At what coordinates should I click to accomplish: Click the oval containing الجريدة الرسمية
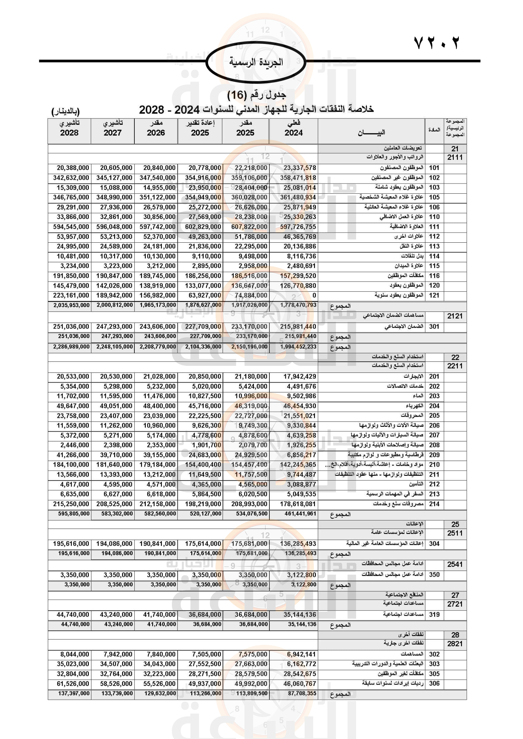coord(256,62)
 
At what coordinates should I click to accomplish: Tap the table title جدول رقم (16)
coord(256,95)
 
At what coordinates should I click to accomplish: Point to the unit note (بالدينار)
coord(65,111)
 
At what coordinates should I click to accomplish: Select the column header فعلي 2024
coord(293,128)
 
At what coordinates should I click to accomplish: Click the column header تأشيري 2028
coord(69,128)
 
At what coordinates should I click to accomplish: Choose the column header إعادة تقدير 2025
coord(200,128)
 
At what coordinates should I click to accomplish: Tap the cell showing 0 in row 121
coord(314,295)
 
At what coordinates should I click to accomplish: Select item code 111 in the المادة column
coord(434,227)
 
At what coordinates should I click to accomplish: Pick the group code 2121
coord(455,316)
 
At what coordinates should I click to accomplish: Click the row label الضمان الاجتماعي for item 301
coord(404,327)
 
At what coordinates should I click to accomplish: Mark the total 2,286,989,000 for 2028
coord(71,347)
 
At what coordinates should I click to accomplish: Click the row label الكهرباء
coord(415,406)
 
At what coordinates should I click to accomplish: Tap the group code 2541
coord(455,565)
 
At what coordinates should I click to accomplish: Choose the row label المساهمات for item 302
coord(412,654)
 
